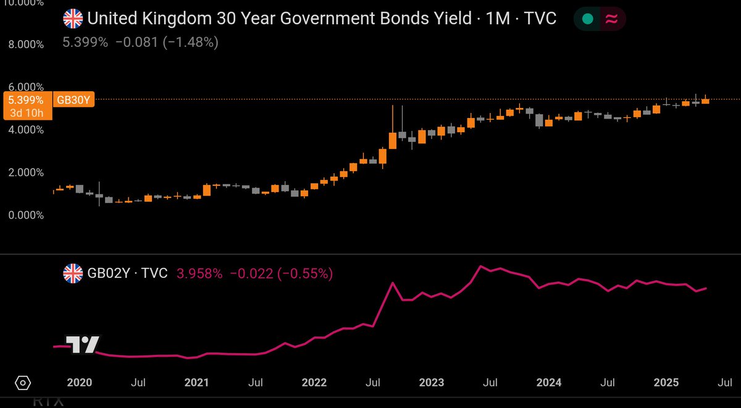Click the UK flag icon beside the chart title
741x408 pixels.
[x=73, y=19]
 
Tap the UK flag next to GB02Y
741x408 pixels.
[x=73, y=273]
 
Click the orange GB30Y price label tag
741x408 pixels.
[x=73, y=99]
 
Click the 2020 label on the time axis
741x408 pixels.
[x=79, y=383]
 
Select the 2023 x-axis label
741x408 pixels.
[x=431, y=383]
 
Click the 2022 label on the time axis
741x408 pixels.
[x=314, y=383]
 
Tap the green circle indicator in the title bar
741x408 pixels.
[x=588, y=19]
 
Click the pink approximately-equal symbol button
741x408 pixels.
[x=611, y=19]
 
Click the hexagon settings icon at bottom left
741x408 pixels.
[x=22, y=383]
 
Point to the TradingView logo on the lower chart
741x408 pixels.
[x=82, y=344]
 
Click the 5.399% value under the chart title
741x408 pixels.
[x=84, y=43]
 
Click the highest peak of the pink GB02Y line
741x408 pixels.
[x=479, y=266]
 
